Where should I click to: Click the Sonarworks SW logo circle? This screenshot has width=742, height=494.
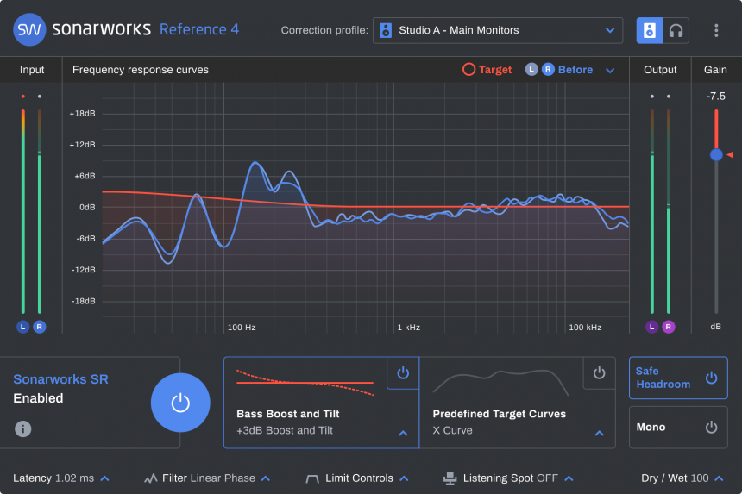click(x=29, y=29)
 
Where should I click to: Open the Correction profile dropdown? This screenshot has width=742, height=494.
click(x=497, y=30)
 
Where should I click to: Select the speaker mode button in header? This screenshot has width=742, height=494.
click(x=650, y=30)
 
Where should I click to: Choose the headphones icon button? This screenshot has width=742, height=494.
click(x=676, y=30)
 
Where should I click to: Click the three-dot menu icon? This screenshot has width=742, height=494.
click(x=716, y=30)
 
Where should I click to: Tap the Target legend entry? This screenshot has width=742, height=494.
click(x=487, y=70)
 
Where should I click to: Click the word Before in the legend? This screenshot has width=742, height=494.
click(x=575, y=70)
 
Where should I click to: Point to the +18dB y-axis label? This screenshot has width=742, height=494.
click(x=82, y=114)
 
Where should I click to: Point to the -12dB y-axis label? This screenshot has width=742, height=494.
click(x=82, y=270)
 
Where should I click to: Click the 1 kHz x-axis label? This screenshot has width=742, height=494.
click(x=408, y=328)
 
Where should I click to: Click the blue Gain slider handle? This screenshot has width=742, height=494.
click(x=716, y=155)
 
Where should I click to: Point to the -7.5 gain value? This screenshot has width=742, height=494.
click(x=715, y=96)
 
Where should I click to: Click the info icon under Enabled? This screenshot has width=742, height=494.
click(x=23, y=428)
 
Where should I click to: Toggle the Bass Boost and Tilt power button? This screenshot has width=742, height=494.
click(x=403, y=373)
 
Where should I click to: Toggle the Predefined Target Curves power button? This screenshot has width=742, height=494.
click(x=599, y=373)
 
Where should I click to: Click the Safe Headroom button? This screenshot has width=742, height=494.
click(x=677, y=378)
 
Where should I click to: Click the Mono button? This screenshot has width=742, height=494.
click(x=677, y=427)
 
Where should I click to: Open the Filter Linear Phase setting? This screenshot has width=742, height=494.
click(x=207, y=478)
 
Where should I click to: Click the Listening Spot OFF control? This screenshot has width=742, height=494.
click(x=508, y=478)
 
